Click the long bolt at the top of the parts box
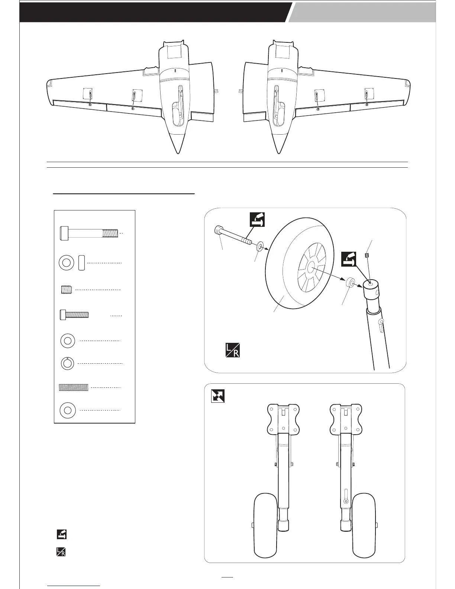click(89, 233)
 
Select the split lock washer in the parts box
click(68, 363)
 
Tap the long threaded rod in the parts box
click(74, 387)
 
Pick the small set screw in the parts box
click(65, 289)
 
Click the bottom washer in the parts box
click(68, 410)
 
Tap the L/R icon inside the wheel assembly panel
click(232, 350)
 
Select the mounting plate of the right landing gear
click(346, 418)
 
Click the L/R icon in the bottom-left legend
click(61, 552)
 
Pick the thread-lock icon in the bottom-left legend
click(61, 534)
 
